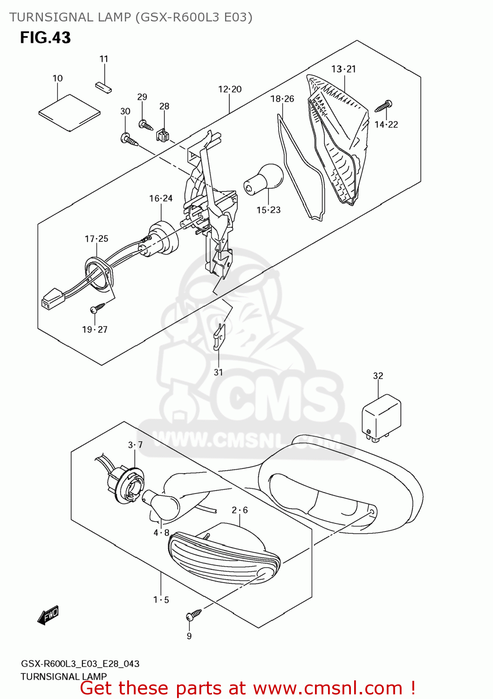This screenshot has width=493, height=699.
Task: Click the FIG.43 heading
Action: [x=45, y=38]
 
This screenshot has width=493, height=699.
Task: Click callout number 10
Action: [x=57, y=78]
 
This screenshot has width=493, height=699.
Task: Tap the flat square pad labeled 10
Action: [x=69, y=112]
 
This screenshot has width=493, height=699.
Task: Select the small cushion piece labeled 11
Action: [x=103, y=87]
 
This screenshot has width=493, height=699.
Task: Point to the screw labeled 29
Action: [x=145, y=125]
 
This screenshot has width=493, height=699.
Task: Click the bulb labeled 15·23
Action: [x=265, y=179]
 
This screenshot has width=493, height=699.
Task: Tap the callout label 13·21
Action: [x=343, y=69]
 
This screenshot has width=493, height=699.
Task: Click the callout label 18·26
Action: [x=282, y=99]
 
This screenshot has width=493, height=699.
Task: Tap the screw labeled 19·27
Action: [x=98, y=308]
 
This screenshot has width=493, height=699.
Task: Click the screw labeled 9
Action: [x=193, y=615]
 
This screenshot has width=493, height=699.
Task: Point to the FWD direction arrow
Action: [x=48, y=615]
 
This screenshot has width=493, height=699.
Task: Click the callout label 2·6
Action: [x=240, y=510]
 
